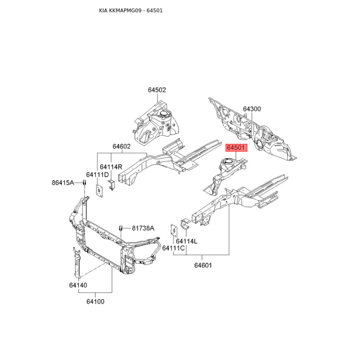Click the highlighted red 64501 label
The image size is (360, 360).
(x=237, y=148)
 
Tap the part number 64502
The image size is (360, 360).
(x=157, y=90)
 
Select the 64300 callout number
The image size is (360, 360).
(x=252, y=109)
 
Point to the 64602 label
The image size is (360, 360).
(x=121, y=146)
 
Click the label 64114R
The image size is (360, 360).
(x=111, y=167)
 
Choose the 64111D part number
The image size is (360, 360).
(x=97, y=175)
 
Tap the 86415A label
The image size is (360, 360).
(x=63, y=183)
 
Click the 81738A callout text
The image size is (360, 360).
(x=143, y=228)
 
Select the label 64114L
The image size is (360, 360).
(x=186, y=241)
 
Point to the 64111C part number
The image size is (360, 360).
(x=173, y=248)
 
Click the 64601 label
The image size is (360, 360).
(x=203, y=265)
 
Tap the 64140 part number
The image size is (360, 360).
(x=78, y=285)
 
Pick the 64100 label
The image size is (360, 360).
(x=95, y=301)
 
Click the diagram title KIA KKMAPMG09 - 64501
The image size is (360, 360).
(x=131, y=10)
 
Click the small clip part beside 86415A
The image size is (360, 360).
(x=84, y=183)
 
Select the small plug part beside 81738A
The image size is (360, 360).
(x=120, y=228)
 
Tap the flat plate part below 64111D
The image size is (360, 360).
(x=99, y=190)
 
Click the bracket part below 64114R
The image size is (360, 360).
(x=112, y=185)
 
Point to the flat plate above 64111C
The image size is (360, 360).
(x=174, y=229)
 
